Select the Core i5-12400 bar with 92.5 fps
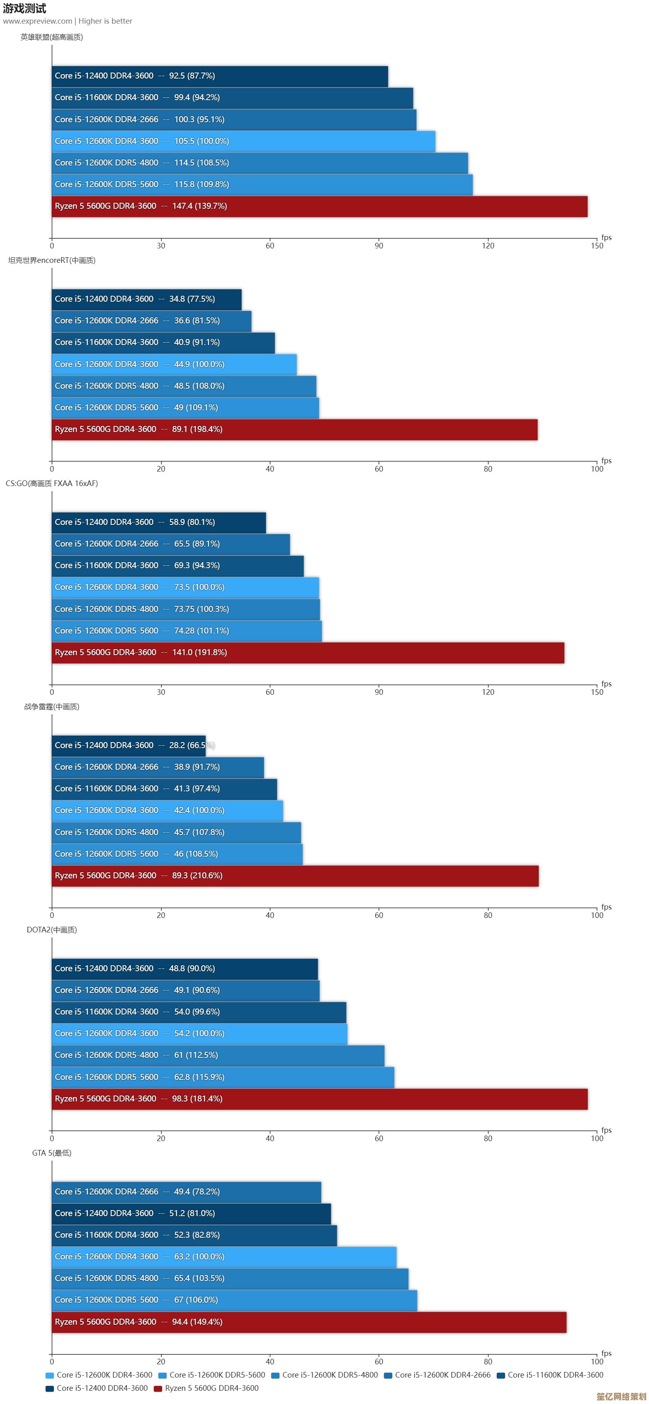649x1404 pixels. [x=220, y=76]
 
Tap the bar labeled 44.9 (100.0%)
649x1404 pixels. [x=174, y=365]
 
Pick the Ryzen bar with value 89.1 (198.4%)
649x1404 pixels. [x=294, y=430]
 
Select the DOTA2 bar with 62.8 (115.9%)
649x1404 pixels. [x=223, y=1077]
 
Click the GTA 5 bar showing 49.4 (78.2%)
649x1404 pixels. [x=186, y=1192]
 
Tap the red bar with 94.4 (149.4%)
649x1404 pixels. [x=309, y=1322]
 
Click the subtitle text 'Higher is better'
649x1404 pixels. [x=105, y=21]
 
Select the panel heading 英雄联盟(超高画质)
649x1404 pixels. [x=52, y=37]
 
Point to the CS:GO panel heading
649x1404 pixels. [x=52, y=484]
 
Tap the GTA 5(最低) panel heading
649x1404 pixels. [x=52, y=1153]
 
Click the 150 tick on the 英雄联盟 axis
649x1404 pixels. [x=597, y=246]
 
